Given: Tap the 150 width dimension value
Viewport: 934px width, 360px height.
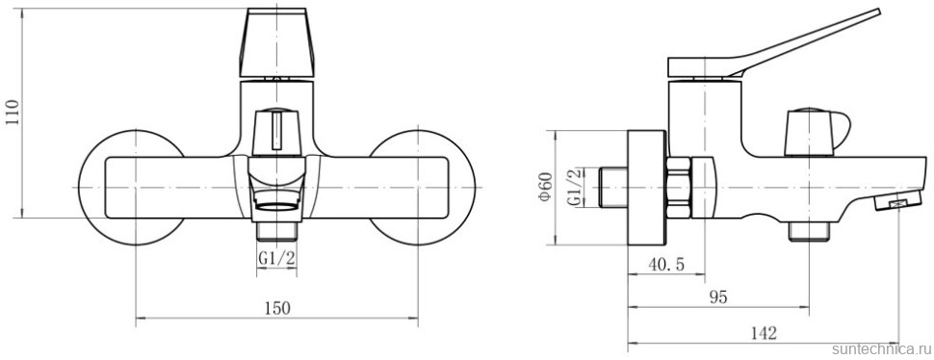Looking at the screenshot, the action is tap(277, 308).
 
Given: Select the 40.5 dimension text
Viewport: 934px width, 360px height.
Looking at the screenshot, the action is tap(666, 264).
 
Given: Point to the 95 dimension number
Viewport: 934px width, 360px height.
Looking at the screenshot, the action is tap(719, 297).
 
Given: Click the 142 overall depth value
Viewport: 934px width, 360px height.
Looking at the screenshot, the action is tap(764, 333).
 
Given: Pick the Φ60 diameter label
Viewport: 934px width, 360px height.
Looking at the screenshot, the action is tap(546, 187).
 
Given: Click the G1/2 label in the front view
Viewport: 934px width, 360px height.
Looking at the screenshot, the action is tap(277, 258).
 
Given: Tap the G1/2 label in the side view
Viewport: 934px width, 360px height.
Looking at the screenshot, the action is tap(575, 188).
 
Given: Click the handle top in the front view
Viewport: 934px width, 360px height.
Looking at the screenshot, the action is tap(276, 43).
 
